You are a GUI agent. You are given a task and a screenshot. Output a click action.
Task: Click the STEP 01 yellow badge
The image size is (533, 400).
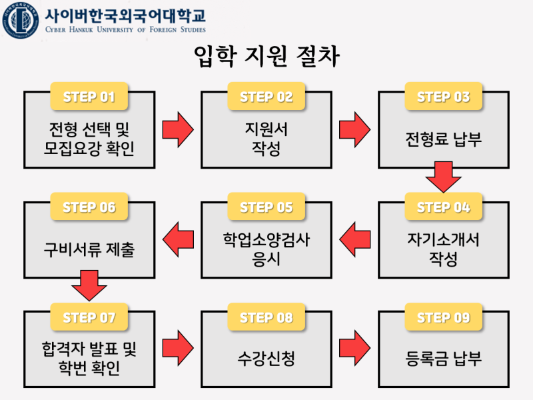click(x=89, y=97)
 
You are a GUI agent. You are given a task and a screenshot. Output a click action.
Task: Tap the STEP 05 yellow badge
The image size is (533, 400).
click(x=266, y=207)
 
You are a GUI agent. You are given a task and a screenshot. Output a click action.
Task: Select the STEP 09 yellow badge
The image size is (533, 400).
click(x=444, y=318)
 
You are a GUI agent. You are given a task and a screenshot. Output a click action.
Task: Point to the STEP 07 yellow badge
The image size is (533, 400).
click(x=89, y=318)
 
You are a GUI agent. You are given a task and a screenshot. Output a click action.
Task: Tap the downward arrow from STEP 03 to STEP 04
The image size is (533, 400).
click(x=444, y=177)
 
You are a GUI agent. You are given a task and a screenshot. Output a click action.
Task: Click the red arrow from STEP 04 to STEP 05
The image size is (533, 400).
click(x=355, y=239)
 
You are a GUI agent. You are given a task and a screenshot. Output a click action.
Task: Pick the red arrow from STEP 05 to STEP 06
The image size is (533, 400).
click(x=178, y=239)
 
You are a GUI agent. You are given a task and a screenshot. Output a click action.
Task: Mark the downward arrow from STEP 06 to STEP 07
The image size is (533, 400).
click(x=89, y=285)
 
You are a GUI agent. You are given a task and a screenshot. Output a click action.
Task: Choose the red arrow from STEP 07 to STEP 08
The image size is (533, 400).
click(x=178, y=348)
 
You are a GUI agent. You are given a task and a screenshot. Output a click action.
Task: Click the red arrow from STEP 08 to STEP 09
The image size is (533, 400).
click(x=355, y=348)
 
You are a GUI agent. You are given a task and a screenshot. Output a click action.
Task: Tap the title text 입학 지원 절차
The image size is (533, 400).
click(x=266, y=58)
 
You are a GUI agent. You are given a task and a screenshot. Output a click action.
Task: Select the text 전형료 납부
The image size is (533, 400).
click(x=444, y=140)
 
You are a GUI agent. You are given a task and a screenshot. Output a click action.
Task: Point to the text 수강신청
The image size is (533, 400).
click(x=266, y=359)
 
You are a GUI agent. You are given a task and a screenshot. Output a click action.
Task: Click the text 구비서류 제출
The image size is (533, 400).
click(x=89, y=250)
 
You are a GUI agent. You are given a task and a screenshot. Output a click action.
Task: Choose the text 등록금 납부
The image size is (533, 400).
click(x=444, y=359)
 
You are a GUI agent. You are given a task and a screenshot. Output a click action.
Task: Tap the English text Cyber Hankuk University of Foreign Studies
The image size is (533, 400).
click(x=126, y=30)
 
